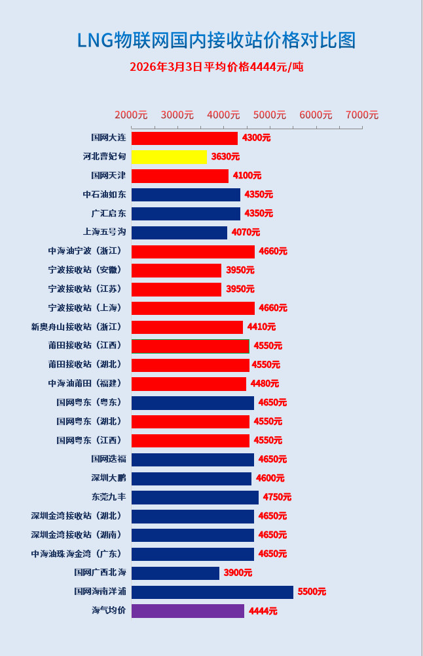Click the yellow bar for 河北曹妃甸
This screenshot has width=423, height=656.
click(169, 157)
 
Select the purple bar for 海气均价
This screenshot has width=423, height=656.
click(188, 611)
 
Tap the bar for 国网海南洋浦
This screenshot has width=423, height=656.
click(212, 592)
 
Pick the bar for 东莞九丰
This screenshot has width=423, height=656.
click(195, 497)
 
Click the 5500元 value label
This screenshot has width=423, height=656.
click(312, 592)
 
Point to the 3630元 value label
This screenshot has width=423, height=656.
click(225, 157)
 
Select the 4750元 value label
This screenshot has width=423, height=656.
click(277, 497)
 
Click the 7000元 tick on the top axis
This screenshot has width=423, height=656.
click(362, 115)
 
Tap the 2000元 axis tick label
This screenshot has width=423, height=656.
click(131, 115)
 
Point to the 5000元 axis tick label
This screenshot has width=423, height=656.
click(270, 115)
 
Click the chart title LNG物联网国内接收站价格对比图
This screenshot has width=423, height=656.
click(217, 40)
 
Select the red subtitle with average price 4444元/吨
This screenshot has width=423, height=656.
click(217, 67)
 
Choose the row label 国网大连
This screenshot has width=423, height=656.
click(108, 138)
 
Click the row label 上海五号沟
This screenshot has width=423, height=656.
click(104, 232)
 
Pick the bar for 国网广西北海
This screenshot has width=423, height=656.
click(175, 573)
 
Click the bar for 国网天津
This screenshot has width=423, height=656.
click(180, 176)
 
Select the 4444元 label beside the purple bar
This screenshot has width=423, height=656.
click(263, 611)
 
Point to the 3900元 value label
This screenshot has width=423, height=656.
click(238, 573)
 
